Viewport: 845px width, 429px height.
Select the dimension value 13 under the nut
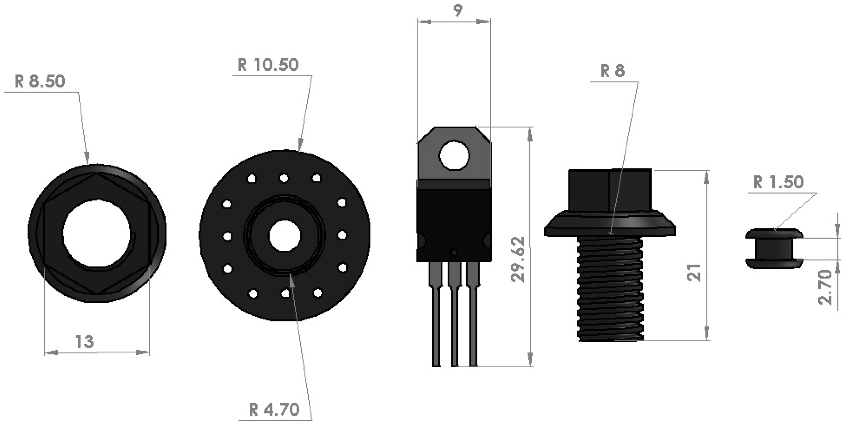(x=84, y=342)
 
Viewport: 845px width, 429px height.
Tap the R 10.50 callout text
(x=268, y=65)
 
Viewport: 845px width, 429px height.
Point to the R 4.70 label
(x=274, y=410)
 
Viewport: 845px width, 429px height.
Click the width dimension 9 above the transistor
(x=458, y=11)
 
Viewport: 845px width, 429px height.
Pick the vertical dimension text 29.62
(x=518, y=259)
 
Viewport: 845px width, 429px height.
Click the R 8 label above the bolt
(x=613, y=71)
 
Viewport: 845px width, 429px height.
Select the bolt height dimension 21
(x=694, y=273)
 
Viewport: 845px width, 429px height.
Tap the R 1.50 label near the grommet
(x=778, y=182)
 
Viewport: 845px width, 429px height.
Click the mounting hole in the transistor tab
(x=454, y=155)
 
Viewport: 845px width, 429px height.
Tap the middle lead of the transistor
(x=454, y=312)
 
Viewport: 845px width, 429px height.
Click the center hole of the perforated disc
(x=285, y=236)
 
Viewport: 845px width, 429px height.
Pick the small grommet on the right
(x=774, y=248)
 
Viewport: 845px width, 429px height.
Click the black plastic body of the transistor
(x=454, y=222)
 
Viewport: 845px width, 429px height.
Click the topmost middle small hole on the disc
(x=284, y=178)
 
